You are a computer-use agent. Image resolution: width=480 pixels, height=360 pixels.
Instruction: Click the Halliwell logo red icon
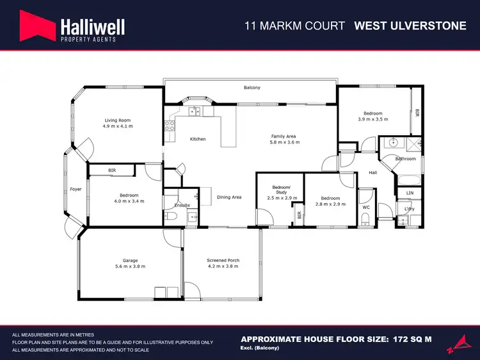coord(36,26)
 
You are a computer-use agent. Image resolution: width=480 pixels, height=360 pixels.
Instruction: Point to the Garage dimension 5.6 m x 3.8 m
coord(131,266)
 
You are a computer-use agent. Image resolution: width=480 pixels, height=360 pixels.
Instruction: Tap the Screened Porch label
coord(223,260)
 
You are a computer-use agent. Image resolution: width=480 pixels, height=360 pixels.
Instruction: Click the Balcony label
coord(252,88)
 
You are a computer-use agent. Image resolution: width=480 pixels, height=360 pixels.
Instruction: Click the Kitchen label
coord(198,139)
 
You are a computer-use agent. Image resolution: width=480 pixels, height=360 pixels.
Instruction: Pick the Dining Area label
coord(228,197)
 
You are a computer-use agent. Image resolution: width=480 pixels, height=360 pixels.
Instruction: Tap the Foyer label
coord(75,190)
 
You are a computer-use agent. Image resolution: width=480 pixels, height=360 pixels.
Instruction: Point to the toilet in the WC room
coord(365,220)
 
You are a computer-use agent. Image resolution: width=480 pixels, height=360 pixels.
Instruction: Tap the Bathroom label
coord(405,158)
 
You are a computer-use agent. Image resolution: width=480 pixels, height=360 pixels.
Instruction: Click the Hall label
coord(373,172)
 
